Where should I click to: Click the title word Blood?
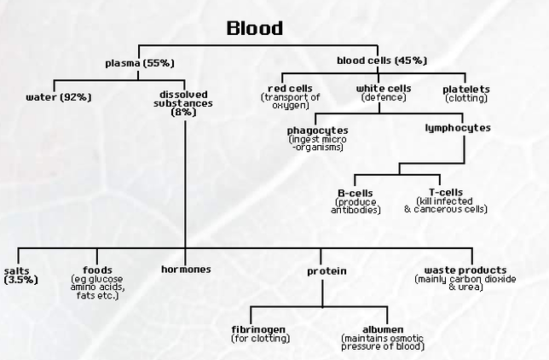(255, 28)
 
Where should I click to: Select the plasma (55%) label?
(139, 62)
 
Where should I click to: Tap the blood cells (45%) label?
(382, 61)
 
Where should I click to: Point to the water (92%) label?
(59, 96)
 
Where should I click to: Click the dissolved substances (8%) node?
(184, 102)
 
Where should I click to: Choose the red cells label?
(291, 89)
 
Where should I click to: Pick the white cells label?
(384, 89)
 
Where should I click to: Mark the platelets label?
(466, 89)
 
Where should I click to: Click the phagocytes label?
(317, 130)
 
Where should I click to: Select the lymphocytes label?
(458, 127)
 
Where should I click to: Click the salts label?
(18, 270)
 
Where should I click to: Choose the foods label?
(98, 270)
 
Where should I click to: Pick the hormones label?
(186, 270)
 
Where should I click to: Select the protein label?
(327, 271)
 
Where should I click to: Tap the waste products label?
(465, 270)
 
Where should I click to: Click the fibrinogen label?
(260, 329)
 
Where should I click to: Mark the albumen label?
(381, 329)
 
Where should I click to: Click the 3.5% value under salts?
(20, 279)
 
